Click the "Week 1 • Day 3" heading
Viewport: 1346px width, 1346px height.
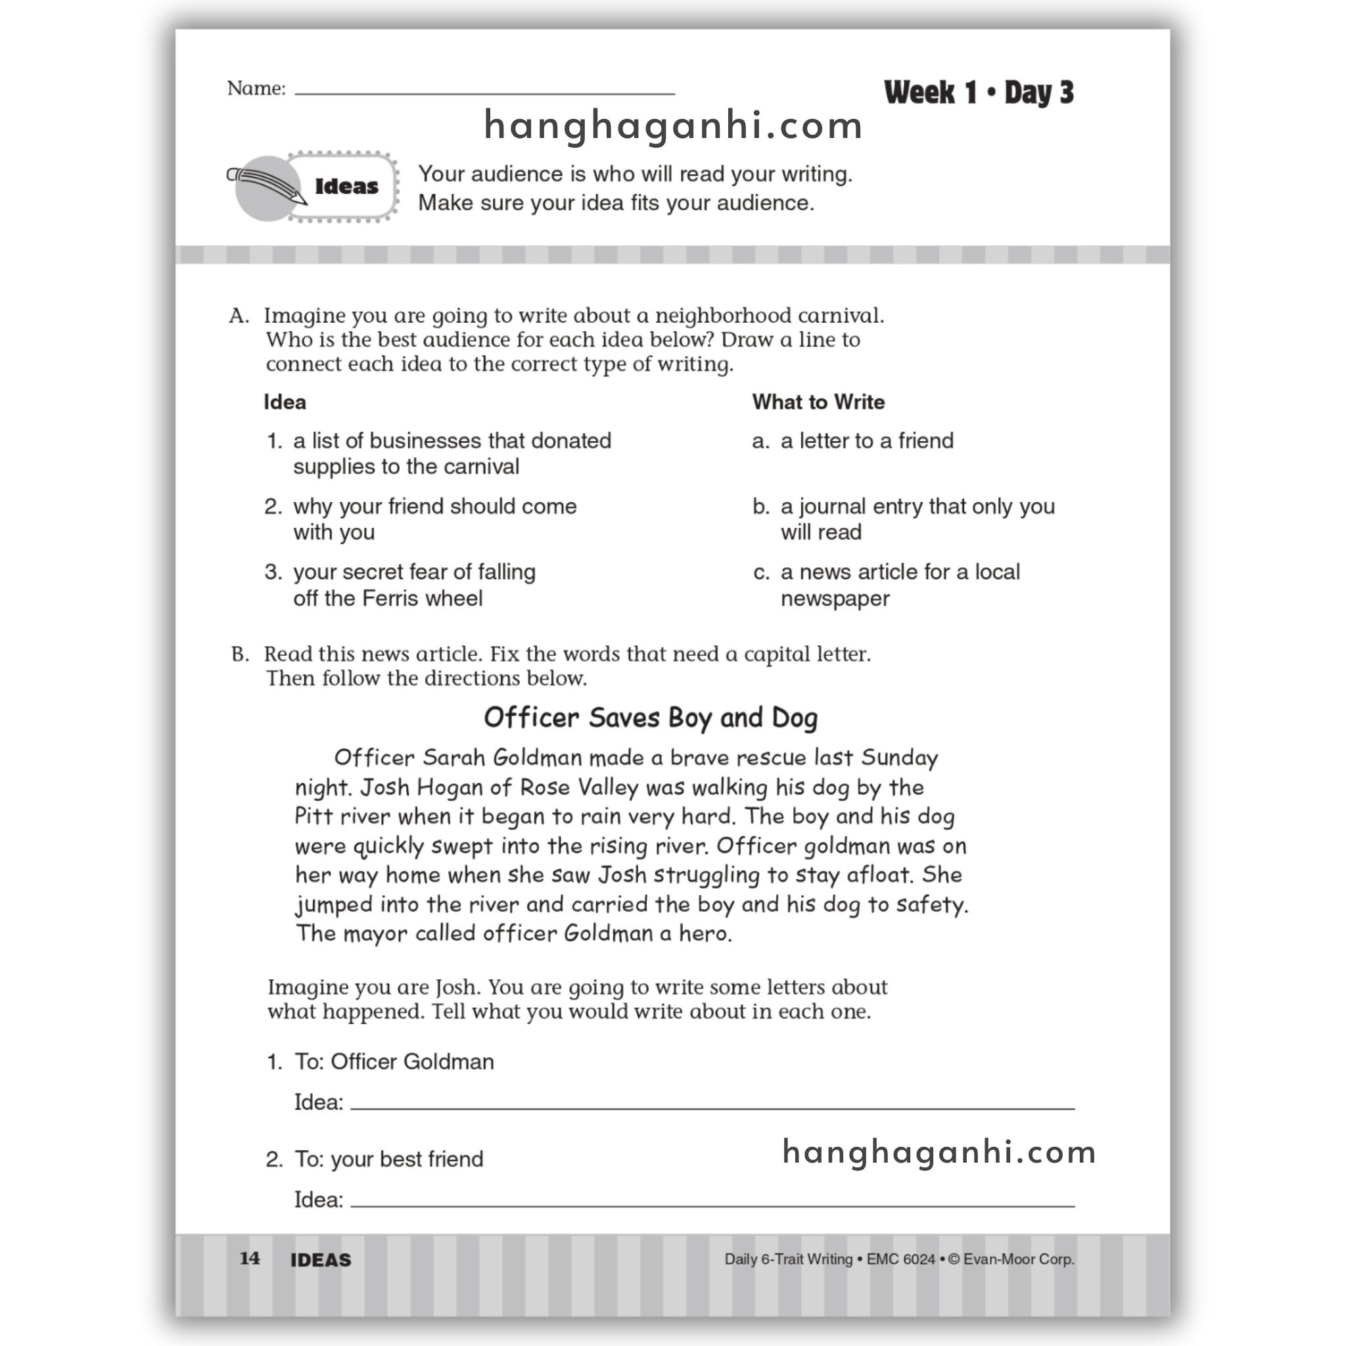pos(978,93)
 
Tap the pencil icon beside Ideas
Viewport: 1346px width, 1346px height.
pos(269,187)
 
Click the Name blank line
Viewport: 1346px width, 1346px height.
pos(484,91)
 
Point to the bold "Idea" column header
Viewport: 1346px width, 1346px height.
pos(284,402)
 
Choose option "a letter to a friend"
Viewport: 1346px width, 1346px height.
pos(866,440)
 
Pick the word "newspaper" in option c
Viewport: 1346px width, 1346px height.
pos(835,599)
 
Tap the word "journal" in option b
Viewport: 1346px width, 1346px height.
pos(832,507)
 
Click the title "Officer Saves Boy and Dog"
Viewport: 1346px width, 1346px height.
pos(650,718)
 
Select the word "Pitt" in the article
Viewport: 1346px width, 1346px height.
pos(313,816)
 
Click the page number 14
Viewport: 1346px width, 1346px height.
pos(249,1258)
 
